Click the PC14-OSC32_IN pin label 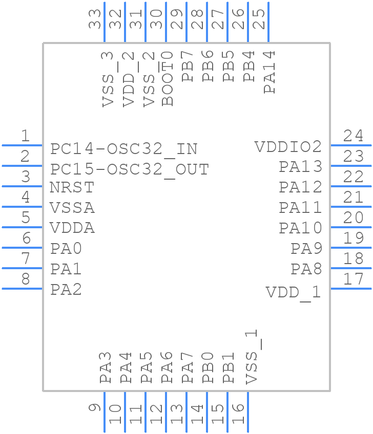(123, 149)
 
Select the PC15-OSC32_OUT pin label (130, 169)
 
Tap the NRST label (72, 187)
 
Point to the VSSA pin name (72, 208)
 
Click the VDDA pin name (72, 228)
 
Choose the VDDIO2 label (288, 147)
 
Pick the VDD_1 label (294, 292)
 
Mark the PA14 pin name (270, 71)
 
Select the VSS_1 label (251, 357)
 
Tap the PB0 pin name (208, 367)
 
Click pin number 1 (25, 136)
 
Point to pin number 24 (354, 136)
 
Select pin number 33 (95, 19)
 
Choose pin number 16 (238, 414)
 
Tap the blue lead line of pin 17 (351, 289)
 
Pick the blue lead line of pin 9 (105, 413)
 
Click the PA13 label (300, 167)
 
